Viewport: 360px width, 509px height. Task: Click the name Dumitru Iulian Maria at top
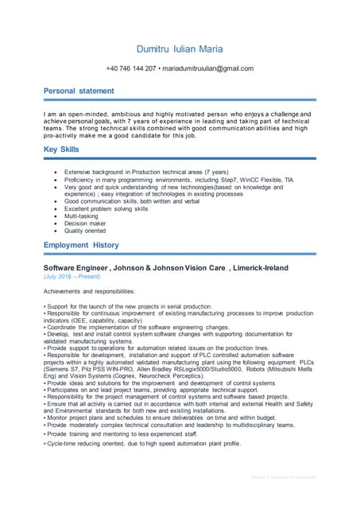point(180,49)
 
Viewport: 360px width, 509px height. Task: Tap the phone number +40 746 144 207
point(131,68)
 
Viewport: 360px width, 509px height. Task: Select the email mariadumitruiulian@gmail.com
point(208,68)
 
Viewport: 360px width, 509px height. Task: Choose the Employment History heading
point(81,245)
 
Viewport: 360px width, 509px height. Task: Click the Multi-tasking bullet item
point(82,216)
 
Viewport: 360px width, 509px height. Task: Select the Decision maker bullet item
point(86,223)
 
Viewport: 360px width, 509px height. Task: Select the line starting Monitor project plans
point(159,418)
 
